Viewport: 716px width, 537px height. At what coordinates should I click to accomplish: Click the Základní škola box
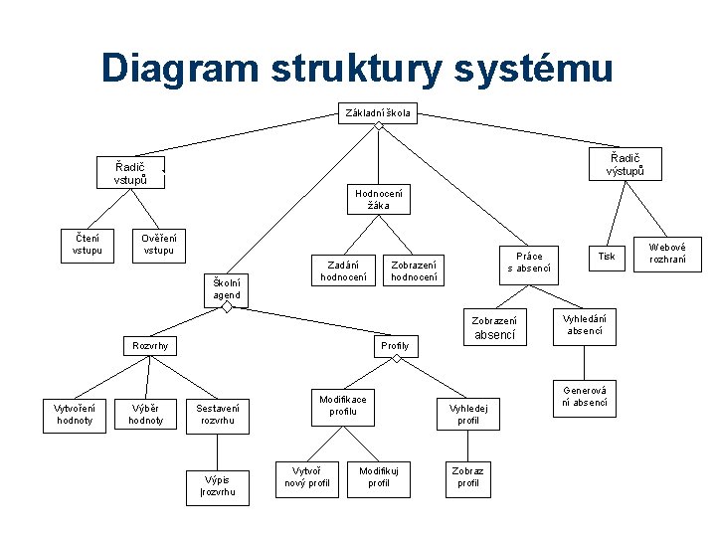click(x=378, y=112)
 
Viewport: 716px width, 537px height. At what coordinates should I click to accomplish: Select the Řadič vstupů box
click(x=131, y=173)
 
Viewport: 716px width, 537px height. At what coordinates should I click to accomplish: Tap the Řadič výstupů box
click(x=626, y=164)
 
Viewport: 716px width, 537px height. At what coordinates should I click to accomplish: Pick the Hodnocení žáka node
click(x=379, y=200)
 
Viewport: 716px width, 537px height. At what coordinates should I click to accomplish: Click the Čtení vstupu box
click(x=87, y=243)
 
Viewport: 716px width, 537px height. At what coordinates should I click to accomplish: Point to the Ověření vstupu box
click(x=159, y=243)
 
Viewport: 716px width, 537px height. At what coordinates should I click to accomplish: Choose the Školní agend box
click(x=227, y=288)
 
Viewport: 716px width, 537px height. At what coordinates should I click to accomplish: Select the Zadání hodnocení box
click(x=344, y=269)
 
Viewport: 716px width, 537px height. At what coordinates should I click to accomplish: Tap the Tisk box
click(x=606, y=257)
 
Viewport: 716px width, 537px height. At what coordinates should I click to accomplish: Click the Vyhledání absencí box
click(x=584, y=324)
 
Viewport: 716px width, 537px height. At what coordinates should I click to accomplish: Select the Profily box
click(x=395, y=346)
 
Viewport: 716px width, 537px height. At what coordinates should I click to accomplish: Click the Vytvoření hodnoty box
click(x=75, y=414)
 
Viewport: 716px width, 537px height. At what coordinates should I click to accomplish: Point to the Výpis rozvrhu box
click(x=218, y=485)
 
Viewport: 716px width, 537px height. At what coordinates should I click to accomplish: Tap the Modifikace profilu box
click(x=343, y=406)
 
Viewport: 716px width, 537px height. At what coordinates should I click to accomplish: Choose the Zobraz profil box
click(x=467, y=477)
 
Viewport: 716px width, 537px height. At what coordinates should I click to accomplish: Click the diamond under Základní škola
click(x=379, y=126)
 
